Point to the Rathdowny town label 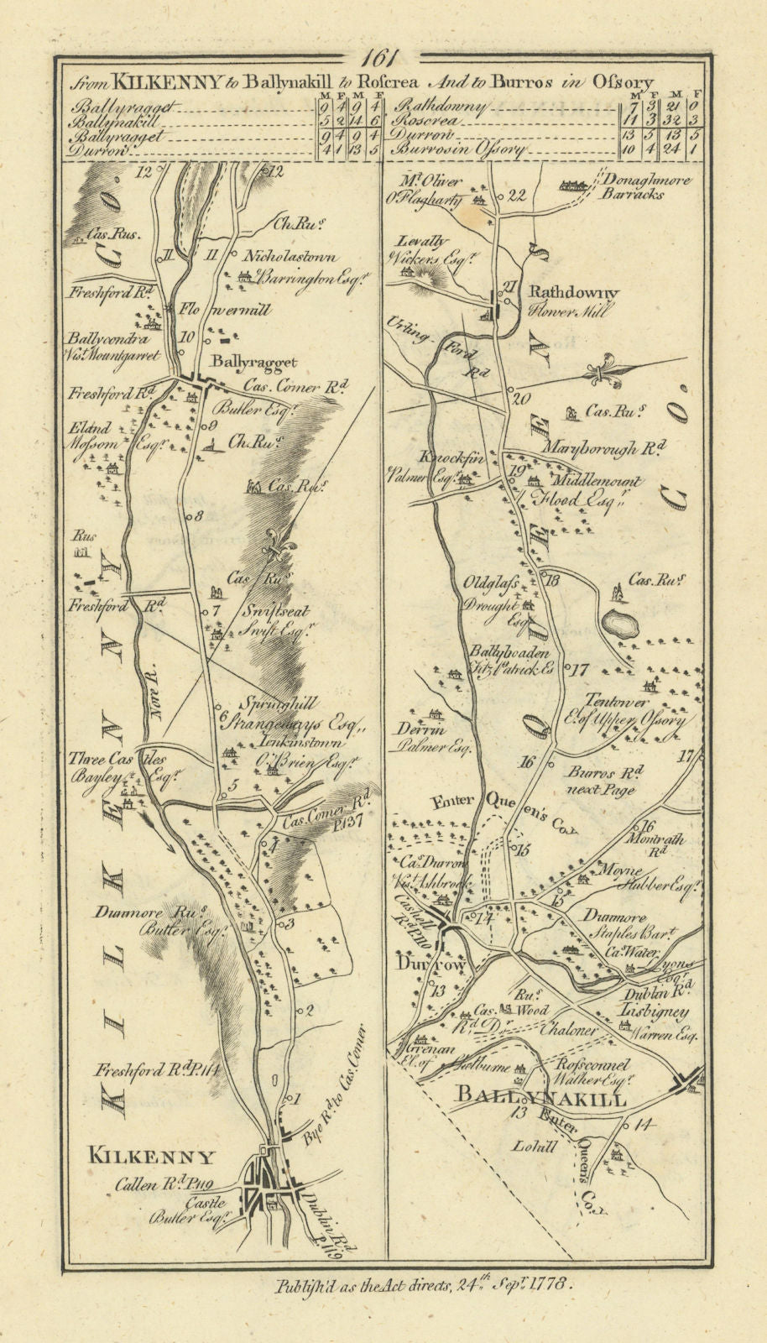573,293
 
